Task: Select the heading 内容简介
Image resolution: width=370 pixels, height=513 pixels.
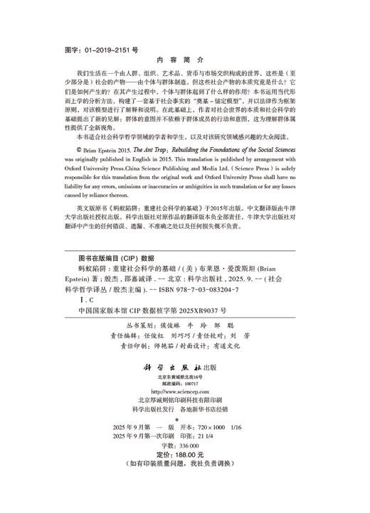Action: click(x=184, y=62)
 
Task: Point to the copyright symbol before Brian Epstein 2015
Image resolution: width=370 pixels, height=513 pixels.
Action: click(x=78, y=151)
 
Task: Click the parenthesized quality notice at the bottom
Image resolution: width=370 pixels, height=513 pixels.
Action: click(x=184, y=483)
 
